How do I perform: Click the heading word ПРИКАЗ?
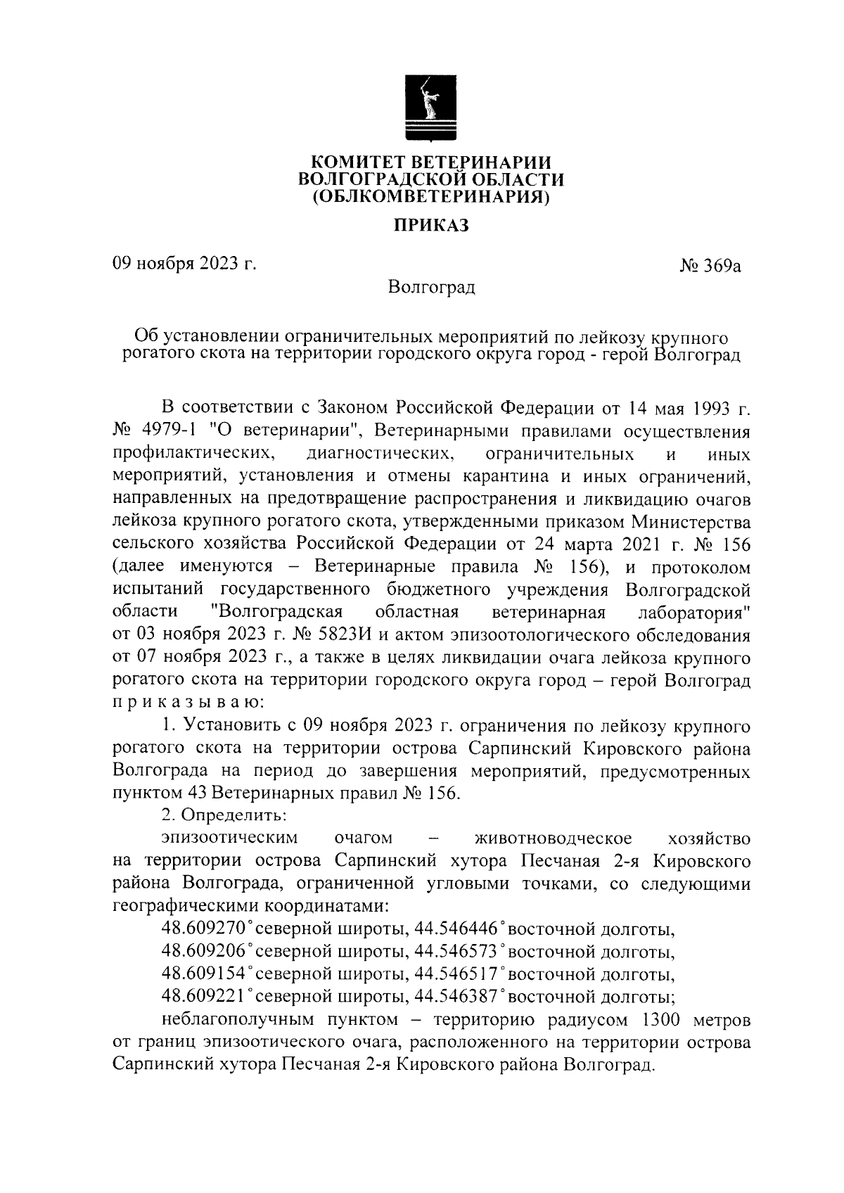429,226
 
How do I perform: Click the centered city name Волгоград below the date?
431,288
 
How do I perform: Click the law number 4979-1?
169,431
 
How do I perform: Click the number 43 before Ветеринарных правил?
198,793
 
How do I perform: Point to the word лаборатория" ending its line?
693,612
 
